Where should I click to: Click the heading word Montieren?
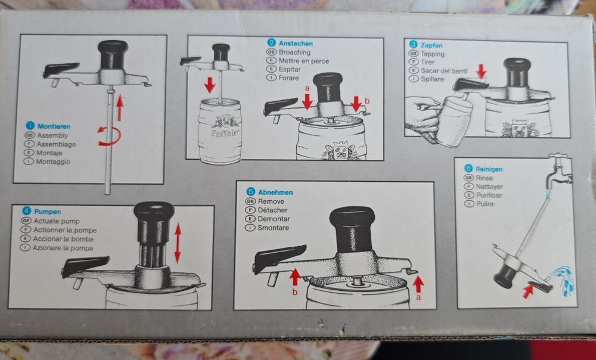(54, 126)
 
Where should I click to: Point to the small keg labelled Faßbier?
(220, 131)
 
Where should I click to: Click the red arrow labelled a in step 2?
(307, 102)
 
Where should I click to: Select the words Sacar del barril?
(444, 70)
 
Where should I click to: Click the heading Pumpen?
(49, 212)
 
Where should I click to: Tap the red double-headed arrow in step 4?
(177, 243)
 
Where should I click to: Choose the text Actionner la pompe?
(66, 230)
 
